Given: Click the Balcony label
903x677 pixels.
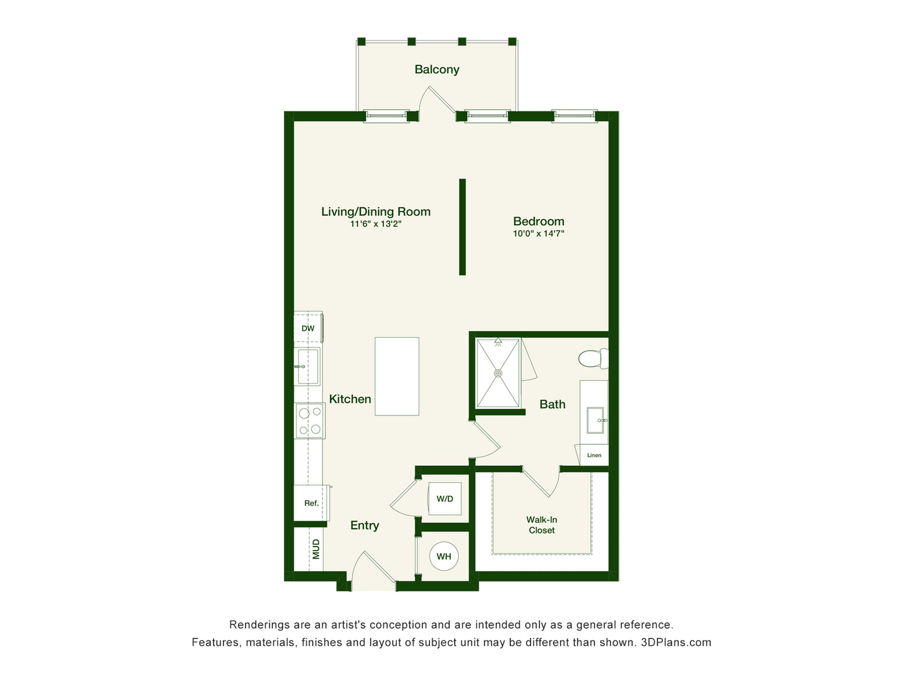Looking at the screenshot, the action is (436, 70).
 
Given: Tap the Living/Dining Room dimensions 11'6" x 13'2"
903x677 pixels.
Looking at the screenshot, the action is (375, 224).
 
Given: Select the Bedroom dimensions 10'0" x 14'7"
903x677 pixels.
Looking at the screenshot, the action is (539, 234).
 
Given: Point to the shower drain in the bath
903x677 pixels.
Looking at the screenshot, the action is (498, 373).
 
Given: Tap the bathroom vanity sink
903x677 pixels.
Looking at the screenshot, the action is (595, 420).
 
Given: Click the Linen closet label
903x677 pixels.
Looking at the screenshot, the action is (594, 455).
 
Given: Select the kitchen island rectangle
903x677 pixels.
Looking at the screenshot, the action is (397, 376).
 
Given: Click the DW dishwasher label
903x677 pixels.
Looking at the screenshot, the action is (308, 329).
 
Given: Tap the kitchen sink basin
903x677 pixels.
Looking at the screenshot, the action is (308, 367).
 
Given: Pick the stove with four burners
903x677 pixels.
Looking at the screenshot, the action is (310, 421).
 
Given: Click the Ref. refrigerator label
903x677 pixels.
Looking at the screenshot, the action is (311, 504).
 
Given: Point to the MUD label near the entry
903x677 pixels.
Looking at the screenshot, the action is (316, 549).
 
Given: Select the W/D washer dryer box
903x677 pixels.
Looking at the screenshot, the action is (444, 499).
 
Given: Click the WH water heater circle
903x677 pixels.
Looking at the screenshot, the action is (444, 557).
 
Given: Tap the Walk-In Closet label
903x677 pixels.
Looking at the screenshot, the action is (542, 525).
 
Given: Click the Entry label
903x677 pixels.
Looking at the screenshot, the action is (364, 526).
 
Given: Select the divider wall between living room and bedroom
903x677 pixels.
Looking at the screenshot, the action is (462, 227).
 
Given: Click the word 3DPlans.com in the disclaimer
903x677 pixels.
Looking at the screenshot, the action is (676, 643).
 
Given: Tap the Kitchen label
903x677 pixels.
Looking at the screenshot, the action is (350, 399).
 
